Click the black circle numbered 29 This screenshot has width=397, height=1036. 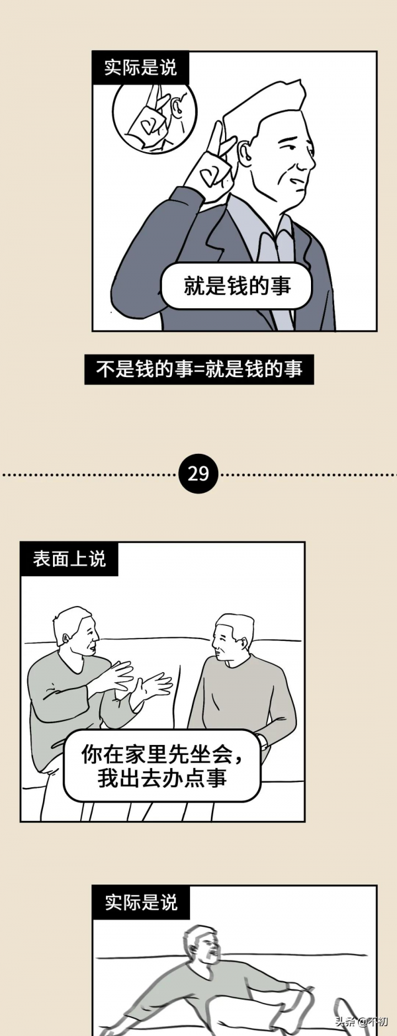click(x=198, y=474)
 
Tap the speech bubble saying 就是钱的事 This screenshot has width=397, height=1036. click(x=236, y=286)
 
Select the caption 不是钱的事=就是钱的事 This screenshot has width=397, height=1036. click(x=198, y=369)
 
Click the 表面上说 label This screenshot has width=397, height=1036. click(x=69, y=558)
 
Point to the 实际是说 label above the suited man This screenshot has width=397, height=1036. click(x=140, y=67)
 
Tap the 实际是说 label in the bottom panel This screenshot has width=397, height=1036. click(x=140, y=902)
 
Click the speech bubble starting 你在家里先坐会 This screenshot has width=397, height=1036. click(x=162, y=765)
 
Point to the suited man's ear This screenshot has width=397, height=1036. click(x=245, y=153)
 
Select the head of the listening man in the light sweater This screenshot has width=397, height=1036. click(x=232, y=637)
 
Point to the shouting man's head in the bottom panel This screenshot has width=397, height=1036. click(x=201, y=946)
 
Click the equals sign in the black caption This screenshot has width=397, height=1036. click(x=199, y=369)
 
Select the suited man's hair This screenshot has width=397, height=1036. click(x=265, y=106)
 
